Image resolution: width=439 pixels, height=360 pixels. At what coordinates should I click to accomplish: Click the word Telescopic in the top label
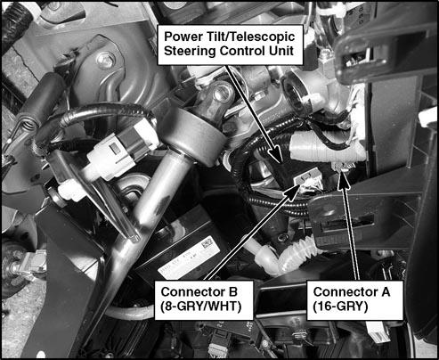click(x=262, y=37)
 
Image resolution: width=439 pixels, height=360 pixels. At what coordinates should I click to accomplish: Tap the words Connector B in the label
click(x=199, y=292)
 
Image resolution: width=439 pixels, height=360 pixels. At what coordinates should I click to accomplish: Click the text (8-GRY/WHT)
click(x=200, y=307)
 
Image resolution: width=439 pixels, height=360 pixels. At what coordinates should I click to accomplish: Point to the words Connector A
click(x=352, y=292)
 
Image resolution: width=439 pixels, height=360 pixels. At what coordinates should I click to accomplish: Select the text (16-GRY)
click(x=340, y=307)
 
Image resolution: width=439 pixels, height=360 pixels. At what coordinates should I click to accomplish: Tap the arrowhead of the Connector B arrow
click(x=291, y=190)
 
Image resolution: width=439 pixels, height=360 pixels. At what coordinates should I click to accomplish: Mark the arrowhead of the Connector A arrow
click(x=344, y=180)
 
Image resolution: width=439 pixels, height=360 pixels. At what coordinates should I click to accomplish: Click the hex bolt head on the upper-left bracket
click(x=106, y=61)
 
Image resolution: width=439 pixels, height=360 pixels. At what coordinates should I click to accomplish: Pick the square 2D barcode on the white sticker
click(x=207, y=244)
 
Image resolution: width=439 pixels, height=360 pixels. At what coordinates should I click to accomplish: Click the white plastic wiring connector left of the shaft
click(x=121, y=151)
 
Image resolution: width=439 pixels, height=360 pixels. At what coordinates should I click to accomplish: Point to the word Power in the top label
click(x=181, y=37)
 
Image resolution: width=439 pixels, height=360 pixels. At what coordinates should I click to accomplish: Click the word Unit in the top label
click(x=281, y=51)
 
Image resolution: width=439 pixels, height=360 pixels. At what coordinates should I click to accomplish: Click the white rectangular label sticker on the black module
click(x=189, y=260)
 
